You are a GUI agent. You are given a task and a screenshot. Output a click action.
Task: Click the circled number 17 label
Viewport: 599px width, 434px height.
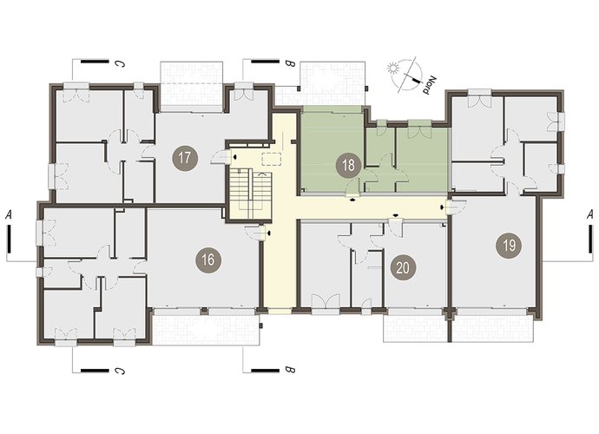(x=185, y=158)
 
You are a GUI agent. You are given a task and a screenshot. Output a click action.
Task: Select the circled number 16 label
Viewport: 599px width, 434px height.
(x=207, y=260)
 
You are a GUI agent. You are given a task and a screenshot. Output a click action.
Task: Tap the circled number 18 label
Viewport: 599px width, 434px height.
(x=348, y=166)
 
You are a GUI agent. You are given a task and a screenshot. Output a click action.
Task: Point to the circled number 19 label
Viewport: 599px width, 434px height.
(x=509, y=246)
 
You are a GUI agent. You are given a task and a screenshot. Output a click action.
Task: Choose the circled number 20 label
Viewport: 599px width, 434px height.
(x=403, y=268)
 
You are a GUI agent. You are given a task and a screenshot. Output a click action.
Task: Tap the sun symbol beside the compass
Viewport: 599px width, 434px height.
(x=392, y=69)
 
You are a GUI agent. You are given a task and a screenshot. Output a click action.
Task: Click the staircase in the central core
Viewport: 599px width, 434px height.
(x=250, y=194)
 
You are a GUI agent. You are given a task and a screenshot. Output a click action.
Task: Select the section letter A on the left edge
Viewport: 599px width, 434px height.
(x=9, y=214)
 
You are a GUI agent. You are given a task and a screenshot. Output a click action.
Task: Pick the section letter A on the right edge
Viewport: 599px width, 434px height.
(x=591, y=214)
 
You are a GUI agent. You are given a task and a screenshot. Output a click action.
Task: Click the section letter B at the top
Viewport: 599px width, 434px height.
(x=290, y=64)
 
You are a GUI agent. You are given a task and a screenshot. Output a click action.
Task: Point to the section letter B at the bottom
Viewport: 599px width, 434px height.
(x=290, y=370)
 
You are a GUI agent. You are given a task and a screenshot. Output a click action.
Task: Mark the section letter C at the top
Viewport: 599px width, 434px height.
(x=121, y=64)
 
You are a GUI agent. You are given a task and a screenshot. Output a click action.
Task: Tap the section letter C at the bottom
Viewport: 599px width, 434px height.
(x=121, y=370)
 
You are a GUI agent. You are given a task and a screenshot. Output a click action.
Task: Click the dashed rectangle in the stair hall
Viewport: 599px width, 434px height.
(x=272, y=158)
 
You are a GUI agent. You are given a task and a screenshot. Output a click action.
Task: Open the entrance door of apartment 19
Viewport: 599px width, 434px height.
(x=456, y=207)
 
